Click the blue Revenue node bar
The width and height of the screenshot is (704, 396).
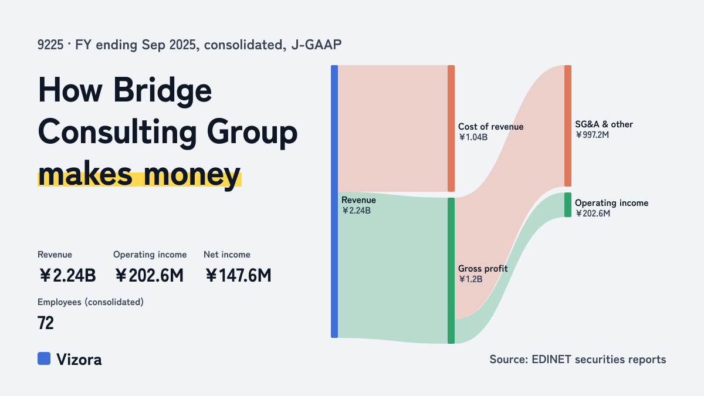(334, 201)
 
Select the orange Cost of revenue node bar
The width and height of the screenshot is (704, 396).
(451, 128)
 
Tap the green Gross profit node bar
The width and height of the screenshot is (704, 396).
(451, 270)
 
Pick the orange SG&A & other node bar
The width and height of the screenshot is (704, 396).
(568, 126)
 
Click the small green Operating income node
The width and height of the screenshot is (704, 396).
(568, 205)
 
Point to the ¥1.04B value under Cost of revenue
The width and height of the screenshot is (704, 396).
(473, 137)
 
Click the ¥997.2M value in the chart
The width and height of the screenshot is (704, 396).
(592, 135)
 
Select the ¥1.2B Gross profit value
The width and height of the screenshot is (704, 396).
(471, 279)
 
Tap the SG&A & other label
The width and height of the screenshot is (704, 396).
(604, 124)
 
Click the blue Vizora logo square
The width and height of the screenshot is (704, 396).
(44, 358)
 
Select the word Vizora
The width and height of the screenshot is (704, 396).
(79, 360)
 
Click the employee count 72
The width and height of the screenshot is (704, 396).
(46, 323)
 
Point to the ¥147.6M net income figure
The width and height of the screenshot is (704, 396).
(238, 276)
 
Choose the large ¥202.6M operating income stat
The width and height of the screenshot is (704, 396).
(149, 276)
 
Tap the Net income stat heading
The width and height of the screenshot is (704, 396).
(227, 255)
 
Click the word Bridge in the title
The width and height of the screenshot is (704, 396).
(163, 91)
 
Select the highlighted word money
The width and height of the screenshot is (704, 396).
(192, 175)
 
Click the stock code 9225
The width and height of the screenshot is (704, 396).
(50, 45)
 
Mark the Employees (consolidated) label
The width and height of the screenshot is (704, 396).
(90, 302)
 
